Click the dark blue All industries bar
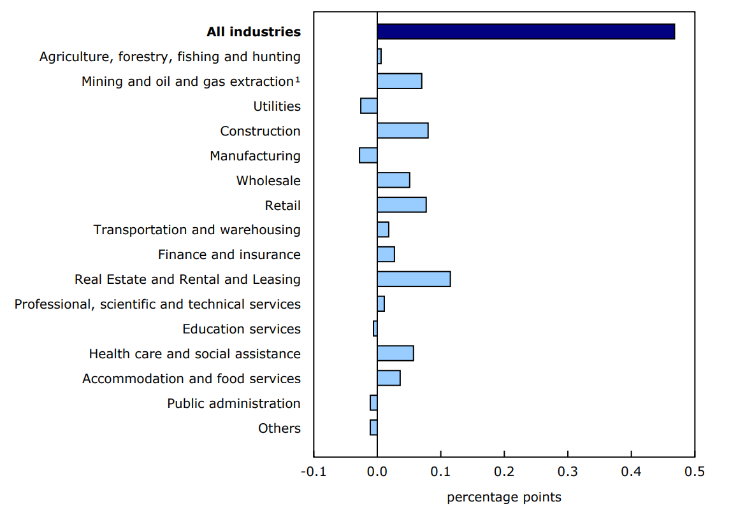(526, 32)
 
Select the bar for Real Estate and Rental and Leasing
(414, 279)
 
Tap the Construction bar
(402, 130)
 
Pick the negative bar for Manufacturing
(368, 155)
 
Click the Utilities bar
(369, 106)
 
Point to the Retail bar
(402, 205)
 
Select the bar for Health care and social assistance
(395, 353)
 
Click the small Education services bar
(375, 328)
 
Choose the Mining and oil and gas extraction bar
(399, 81)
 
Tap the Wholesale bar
(393, 180)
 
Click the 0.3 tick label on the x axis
(567, 472)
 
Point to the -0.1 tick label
(312, 472)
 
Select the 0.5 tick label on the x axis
(694, 472)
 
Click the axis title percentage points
(504, 497)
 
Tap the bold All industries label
(253, 32)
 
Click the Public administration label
(233, 403)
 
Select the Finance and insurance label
(229, 255)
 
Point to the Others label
(279, 428)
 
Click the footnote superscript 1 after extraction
(298, 79)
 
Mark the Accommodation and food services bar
(389, 378)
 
